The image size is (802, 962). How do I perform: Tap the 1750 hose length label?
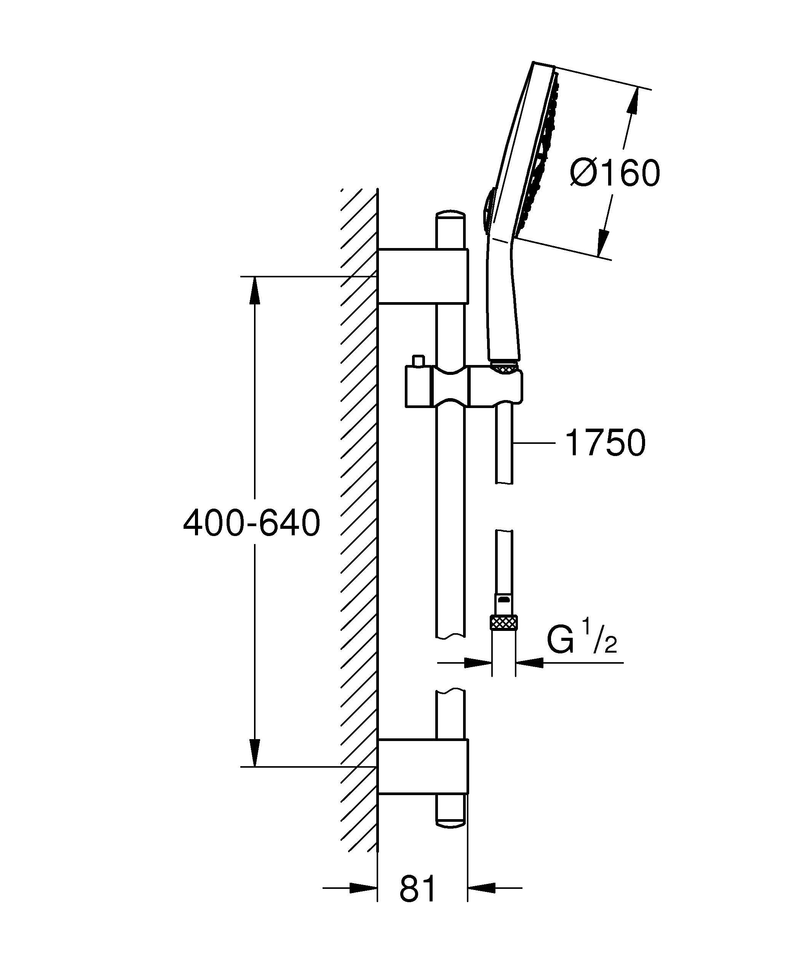[605, 443]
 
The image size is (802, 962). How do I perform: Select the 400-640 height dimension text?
[251, 523]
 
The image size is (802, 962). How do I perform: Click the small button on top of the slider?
[417, 361]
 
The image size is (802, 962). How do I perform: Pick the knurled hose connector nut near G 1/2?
[503, 623]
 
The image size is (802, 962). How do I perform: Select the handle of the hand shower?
[503, 303]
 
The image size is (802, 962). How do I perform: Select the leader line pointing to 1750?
[534, 443]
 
